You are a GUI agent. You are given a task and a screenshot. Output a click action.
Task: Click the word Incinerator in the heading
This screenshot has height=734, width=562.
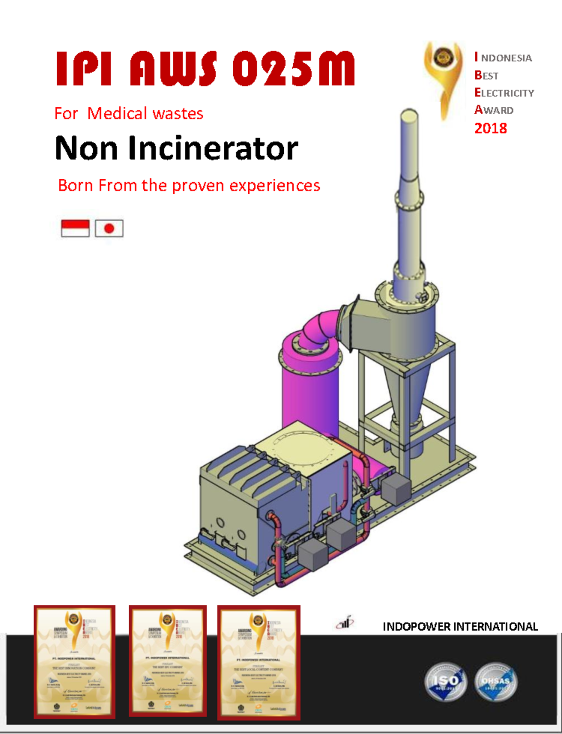213,148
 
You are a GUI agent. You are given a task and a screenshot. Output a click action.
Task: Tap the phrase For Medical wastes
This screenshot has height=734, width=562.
129,113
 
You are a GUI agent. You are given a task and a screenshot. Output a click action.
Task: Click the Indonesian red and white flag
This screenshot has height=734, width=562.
75,228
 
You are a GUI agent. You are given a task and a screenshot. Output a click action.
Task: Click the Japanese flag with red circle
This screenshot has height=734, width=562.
109,228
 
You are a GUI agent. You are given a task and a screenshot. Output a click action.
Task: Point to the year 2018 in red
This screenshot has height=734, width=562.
490,128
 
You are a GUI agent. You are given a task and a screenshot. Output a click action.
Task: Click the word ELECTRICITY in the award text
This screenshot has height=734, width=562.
504,93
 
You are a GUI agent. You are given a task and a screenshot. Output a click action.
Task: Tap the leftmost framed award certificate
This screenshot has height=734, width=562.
74,661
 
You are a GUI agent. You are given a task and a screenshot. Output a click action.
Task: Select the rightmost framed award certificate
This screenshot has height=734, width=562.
259,662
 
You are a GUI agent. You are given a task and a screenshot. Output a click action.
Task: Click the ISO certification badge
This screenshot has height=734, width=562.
445,681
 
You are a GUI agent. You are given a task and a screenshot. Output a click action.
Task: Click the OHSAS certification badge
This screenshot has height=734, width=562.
496,681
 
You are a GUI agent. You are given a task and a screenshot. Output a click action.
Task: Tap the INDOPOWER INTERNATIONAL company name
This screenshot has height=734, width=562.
460,626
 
